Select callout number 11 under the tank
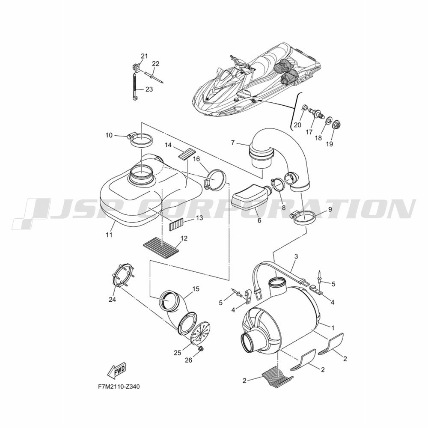(x=109, y=235)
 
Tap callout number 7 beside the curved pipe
(x=233, y=143)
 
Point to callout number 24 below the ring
(x=112, y=300)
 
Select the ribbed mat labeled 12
(x=161, y=245)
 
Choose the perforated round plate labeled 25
(x=201, y=332)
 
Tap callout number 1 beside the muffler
(x=332, y=327)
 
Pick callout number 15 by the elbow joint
(x=196, y=288)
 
